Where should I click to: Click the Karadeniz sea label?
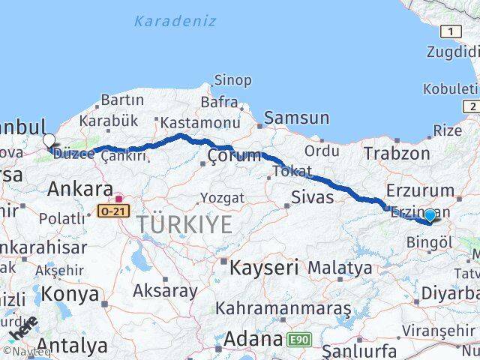[x=175, y=21]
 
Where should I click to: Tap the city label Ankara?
[x=79, y=189]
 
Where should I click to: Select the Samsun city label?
[x=296, y=118]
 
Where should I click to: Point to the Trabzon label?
[x=397, y=154]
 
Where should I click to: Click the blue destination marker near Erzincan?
[x=430, y=216]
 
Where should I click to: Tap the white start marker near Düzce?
[x=49, y=140]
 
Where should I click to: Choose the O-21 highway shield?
[x=109, y=213]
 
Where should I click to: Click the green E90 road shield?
[x=298, y=340]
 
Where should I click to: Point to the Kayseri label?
[x=264, y=267]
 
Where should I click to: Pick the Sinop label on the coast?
[x=232, y=80]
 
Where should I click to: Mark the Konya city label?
[x=70, y=294]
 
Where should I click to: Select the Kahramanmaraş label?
[x=283, y=308]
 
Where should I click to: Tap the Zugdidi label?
[x=452, y=52]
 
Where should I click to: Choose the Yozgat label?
[x=221, y=198]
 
